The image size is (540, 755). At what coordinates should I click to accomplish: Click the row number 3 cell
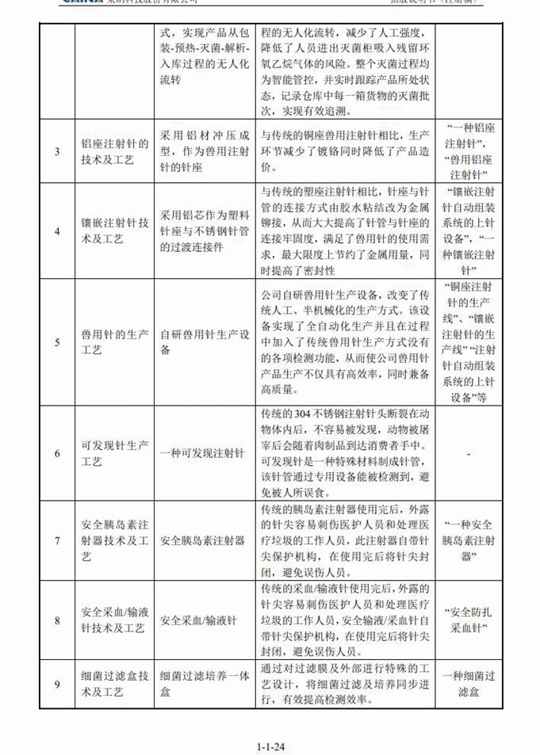(x=56, y=151)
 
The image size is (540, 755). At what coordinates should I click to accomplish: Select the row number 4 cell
(x=56, y=231)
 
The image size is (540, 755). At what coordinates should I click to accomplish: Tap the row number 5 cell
(x=56, y=342)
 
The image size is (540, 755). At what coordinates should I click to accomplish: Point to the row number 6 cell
(x=56, y=453)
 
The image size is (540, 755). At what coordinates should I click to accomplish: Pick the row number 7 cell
(x=56, y=541)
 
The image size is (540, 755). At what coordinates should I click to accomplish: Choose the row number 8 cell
(x=56, y=620)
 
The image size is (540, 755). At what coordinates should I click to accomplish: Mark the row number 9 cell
(x=56, y=683)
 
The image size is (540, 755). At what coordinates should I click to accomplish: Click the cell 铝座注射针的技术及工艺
(x=115, y=151)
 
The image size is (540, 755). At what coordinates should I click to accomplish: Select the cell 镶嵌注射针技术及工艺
(x=115, y=231)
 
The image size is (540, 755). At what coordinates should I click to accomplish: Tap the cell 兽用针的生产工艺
(x=115, y=342)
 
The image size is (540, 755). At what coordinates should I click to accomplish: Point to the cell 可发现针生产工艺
(x=115, y=453)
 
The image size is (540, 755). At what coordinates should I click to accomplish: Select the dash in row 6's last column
(x=470, y=453)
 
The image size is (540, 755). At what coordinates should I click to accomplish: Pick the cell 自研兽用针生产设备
(x=206, y=342)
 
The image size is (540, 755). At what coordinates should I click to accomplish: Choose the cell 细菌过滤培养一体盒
(x=206, y=683)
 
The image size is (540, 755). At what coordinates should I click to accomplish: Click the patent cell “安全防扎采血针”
(x=470, y=620)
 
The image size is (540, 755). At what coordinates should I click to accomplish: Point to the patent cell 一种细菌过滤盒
(x=470, y=683)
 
